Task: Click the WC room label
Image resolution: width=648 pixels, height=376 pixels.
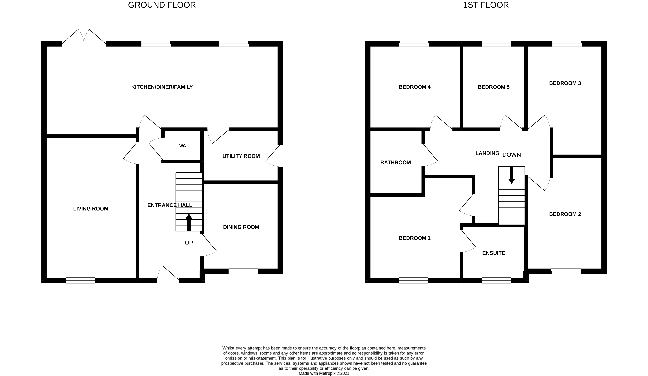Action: pyautogui.click(x=182, y=146)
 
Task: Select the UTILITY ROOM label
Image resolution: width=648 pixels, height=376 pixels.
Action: pyautogui.click(x=241, y=156)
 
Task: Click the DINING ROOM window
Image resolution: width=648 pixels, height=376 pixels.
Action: pyautogui.click(x=243, y=271)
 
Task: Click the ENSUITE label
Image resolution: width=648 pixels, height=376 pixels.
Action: pyautogui.click(x=494, y=253)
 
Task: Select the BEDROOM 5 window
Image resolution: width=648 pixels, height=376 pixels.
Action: pyautogui.click(x=496, y=44)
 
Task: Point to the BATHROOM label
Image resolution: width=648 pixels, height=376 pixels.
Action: pyautogui.click(x=395, y=163)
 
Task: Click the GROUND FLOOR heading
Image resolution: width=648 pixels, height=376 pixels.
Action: pyautogui.click(x=162, y=5)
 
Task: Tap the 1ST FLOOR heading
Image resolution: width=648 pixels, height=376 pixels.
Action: pyautogui.click(x=486, y=5)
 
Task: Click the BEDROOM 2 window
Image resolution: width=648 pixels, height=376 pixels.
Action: pyautogui.click(x=566, y=271)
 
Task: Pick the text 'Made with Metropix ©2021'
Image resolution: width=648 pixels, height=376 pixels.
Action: pyautogui.click(x=324, y=373)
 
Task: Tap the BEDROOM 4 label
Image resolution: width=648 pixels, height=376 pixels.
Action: pyautogui.click(x=414, y=87)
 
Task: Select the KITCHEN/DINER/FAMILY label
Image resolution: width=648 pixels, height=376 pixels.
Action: pyautogui.click(x=162, y=87)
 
